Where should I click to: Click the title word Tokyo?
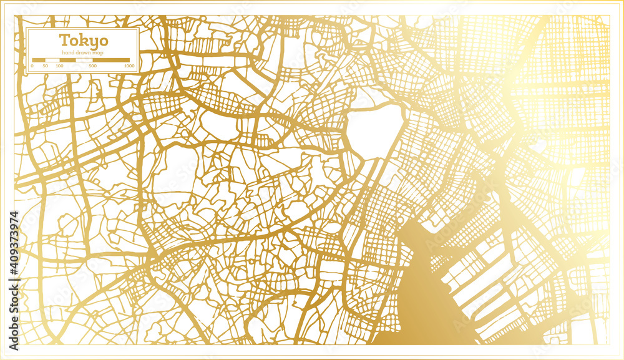[x=83, y=41]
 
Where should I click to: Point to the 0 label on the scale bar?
[x=32, y=66]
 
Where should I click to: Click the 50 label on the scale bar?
[x=45, y=66]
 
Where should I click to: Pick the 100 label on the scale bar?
[x=59, y=66]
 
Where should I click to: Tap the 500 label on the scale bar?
[x=93, y=66]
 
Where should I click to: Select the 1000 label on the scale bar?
[x=129, y=66]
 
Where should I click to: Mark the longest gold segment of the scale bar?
[x=112, y=61]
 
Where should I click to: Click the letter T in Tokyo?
[x=64, y=41]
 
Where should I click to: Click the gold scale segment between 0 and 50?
[x=38, y=61]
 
